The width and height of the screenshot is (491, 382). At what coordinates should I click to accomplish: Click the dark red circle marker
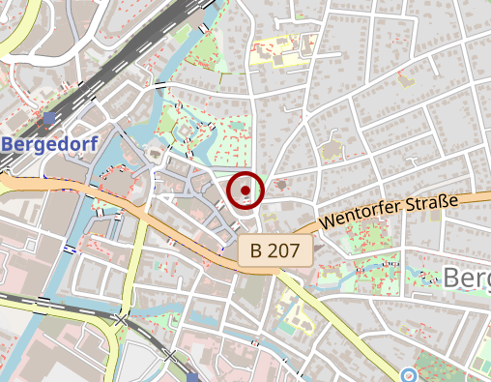coord(246,190)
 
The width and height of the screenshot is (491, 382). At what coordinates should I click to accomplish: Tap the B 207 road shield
coord(275,250)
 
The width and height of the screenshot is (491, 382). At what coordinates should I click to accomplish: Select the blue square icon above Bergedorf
coord(49,119)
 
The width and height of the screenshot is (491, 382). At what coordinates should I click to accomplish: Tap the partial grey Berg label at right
coord(467,278)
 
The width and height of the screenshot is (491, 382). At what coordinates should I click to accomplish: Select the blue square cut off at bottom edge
coord(194,377)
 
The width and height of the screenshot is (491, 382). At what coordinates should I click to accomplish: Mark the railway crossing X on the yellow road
coord(120,317)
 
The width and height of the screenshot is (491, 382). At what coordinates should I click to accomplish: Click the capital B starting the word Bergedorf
coord(8,145)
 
